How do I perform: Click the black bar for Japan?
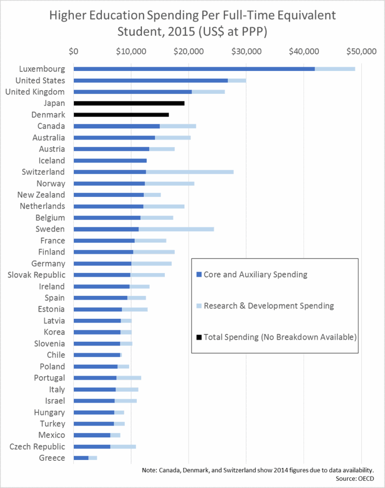tap(129, 103)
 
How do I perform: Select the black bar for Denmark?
tap(121, 114)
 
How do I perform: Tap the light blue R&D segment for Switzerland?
tap(190, 172)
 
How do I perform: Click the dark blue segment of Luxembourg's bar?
tap(194, 69)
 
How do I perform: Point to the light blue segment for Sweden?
tap(176, 229)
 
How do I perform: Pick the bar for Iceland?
tap(110, 160)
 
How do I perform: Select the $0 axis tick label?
tap(73, 51)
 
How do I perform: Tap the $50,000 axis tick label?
tap(361, 51)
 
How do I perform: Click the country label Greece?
tap(52, 458)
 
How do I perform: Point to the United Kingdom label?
tap(35, 91)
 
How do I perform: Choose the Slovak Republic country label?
tap(37, 275)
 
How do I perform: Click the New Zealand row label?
tap(41, 195)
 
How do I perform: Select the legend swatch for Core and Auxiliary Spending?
tap(199, 274)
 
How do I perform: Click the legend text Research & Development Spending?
tap(269, 305)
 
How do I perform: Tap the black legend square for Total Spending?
tap(199, 337)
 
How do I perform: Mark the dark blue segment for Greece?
tap(81, 458)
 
